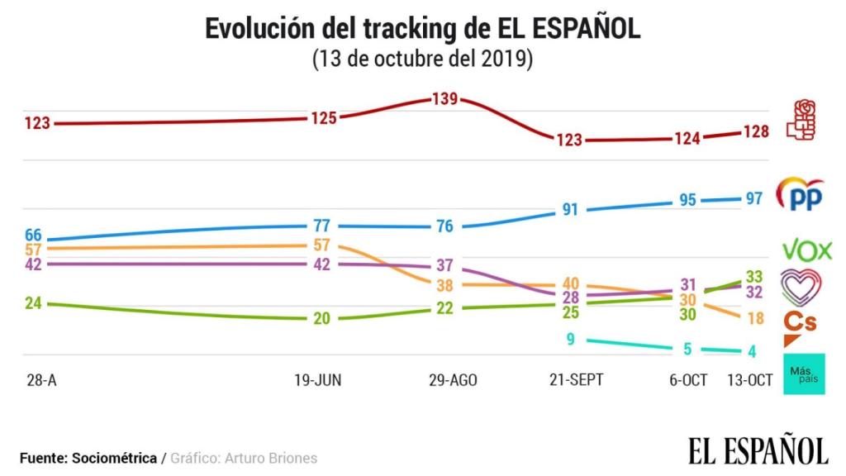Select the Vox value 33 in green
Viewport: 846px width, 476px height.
tap(753, 276)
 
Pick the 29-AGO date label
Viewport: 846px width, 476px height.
tap(454, 380)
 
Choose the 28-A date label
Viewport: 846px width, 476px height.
tap(37, 380)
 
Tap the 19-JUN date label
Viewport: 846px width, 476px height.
tap(318, 380)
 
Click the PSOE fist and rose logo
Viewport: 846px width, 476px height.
tap(801, 120)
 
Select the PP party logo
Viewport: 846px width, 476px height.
tap(801, 195)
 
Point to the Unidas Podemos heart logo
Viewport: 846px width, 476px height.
tap(801, 287)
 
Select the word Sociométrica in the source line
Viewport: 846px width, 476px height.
tap(115, 458)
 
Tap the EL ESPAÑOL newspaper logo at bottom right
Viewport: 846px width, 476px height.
tap(758, 450)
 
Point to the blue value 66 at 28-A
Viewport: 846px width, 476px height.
tap(33, 236)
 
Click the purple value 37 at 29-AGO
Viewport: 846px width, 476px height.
tap(444, 265)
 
